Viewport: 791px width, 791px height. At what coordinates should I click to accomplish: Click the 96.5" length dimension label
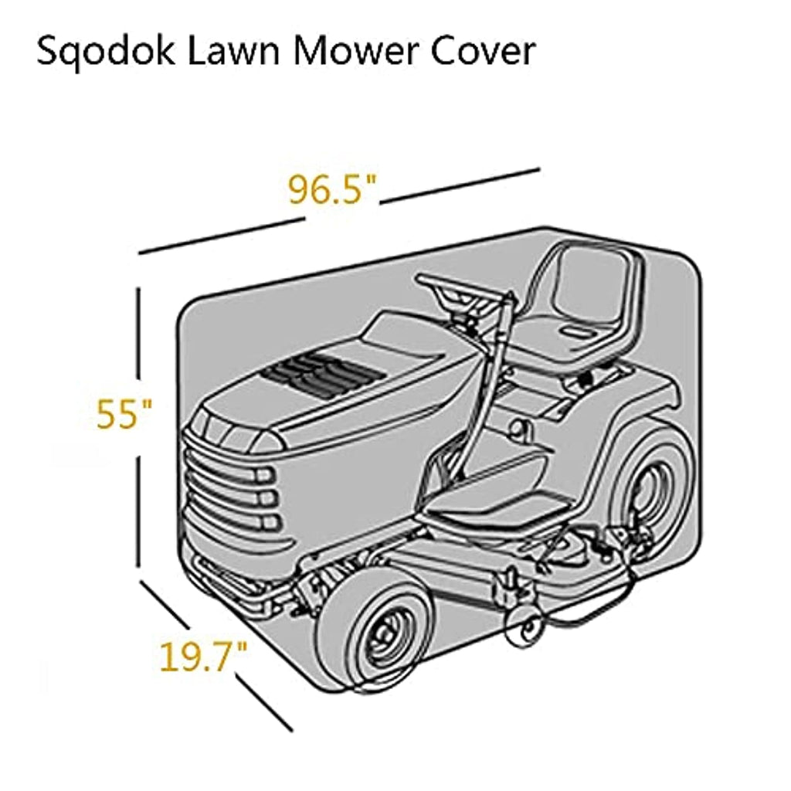[332, 190]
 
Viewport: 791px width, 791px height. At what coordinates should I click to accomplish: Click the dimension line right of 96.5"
[460, 185]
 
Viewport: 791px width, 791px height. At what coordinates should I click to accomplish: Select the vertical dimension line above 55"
[138, 332]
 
